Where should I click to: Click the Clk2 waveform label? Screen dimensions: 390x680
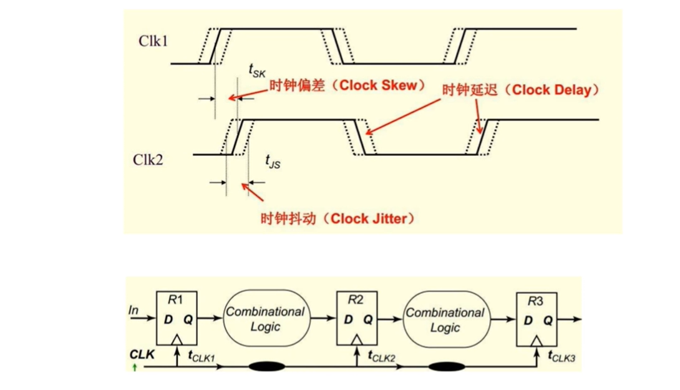click(147, 159)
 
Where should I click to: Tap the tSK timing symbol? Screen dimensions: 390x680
click(256, 72)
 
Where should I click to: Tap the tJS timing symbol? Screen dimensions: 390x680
click(273, 162)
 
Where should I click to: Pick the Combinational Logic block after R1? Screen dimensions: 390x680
click(265, 318)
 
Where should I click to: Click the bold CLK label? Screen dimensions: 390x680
click(142, 354)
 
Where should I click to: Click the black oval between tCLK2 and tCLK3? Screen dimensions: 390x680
click(445, 367)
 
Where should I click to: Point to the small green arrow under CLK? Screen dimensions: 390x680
click(135, 367)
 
